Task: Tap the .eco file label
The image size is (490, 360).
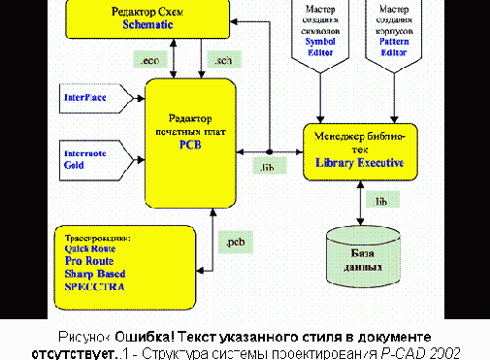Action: (151, 61)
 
